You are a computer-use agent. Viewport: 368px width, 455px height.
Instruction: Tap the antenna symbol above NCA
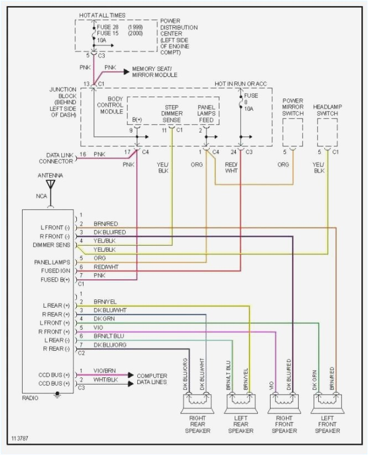(x=51, y=185)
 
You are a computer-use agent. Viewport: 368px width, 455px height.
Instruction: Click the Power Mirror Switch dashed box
(x=293, y=133)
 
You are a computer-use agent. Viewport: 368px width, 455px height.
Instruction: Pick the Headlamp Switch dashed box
(x=328, y=133)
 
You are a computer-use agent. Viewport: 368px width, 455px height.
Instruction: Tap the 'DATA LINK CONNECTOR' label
(x=56, y=158)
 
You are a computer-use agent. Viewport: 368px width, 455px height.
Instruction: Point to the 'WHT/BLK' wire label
(x=105, y=380)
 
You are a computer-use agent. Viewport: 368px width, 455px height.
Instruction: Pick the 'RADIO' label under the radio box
(x=31, y=397)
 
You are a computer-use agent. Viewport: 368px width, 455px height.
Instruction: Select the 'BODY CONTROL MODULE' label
(x=110, y=104)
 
